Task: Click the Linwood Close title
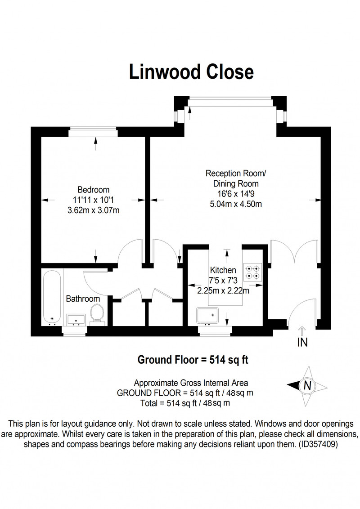click(x=191, y=72)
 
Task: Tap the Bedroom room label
click(x=93, y=190)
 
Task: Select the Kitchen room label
click(x=223, y=270)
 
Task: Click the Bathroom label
click(x=83, y=299)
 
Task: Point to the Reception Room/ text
click(x=236, y=174)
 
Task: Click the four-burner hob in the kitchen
click(x=253, y=272)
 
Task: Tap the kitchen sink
click(x=207, y=316)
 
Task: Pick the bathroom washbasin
click(x=76, y=320)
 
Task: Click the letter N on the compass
click(x=307, y=386)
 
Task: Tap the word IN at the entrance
click(x=302, y=342)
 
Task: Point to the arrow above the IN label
click(x=302, y=331)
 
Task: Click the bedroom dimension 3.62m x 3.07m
click(x=93, y=210)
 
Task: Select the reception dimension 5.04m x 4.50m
click(x=236, y=204)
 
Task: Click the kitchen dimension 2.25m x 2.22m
click(x=223, y=290)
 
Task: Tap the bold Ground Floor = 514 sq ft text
click(x=193, y=360)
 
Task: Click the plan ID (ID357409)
click(x=318, y=444)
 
